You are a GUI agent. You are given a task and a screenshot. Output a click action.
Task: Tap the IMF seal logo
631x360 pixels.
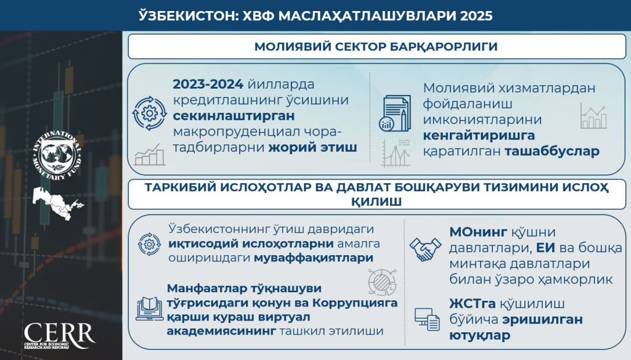click(57, 155)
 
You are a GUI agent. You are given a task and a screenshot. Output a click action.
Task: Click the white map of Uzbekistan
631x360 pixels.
click(57, 203)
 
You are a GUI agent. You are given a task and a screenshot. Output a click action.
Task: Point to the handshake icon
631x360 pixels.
click(425, 250)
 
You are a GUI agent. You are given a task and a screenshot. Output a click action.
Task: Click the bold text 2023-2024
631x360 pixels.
click(208, 84)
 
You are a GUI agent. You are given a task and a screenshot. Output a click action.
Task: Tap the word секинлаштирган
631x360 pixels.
click(234, 116)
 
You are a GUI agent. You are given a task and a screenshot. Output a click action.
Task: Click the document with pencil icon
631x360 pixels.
click(395, 113)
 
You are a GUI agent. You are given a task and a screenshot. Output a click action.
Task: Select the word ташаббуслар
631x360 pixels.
click(552, 151)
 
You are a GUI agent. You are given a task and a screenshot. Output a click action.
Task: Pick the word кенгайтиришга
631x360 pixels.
click(479, 136)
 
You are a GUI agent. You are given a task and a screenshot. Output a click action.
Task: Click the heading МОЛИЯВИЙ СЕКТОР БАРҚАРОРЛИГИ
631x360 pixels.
click(376, 46)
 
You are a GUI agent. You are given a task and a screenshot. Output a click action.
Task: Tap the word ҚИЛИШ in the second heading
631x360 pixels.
click(377, 202)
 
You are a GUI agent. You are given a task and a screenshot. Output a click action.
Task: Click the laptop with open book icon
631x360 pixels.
click(149, 309)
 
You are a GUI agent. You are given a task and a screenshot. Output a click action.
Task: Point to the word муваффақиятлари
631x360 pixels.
click(314, 258)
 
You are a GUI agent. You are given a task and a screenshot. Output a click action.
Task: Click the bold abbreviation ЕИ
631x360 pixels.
click(546, 248)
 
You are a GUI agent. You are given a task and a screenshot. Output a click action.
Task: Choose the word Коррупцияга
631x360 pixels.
click(355, 303)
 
